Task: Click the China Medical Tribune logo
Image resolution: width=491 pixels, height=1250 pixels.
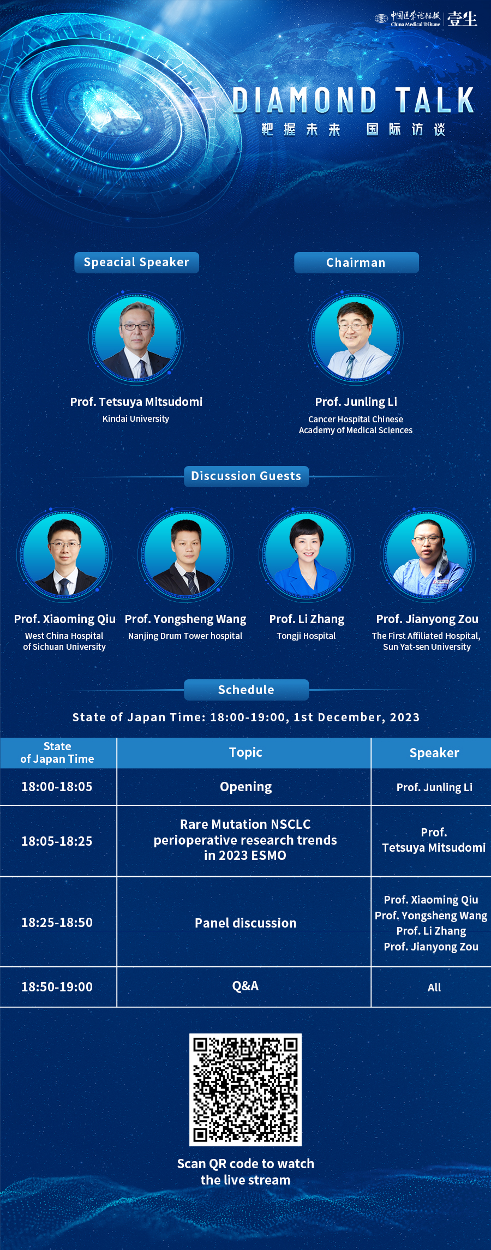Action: tap(407, 19)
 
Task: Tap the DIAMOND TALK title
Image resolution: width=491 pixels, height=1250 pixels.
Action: tap(354, 100)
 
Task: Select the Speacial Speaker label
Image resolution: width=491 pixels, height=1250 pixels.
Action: tap(136, 262)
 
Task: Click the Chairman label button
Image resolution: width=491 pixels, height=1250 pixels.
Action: tap(356, 262)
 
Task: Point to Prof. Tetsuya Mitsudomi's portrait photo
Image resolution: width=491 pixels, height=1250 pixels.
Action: tap(136, 338)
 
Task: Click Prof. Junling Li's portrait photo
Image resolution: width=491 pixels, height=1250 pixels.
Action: tap(356, 338)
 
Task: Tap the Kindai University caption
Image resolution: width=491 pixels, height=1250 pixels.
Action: tap(136, 419)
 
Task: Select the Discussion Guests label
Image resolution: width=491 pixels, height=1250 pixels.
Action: tap(246, 476)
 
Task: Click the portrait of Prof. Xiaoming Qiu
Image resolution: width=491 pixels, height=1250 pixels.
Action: tap(64, 554)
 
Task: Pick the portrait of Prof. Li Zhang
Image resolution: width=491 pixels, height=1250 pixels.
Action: tap(307, 554)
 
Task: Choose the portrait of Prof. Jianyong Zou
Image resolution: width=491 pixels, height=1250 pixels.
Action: tap(428, 554)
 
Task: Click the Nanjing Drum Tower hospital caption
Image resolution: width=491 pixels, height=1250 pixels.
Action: tap(185, 636)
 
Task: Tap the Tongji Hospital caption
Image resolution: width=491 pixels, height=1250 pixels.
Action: tap(306, 636)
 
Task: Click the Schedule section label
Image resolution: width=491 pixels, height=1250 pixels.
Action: tap(246, 690)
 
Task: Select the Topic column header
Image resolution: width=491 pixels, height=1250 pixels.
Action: tap(245, 753)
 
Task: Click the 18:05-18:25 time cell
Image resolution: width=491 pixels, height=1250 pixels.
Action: tap(57, 841)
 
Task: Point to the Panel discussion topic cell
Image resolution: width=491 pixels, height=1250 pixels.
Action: tap(245, 923)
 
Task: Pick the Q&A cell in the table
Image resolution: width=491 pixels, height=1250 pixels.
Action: tap(245, 986)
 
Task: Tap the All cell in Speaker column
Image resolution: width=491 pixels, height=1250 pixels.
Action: tap(434, 988)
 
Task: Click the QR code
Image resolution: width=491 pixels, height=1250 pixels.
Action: tap(245, 1090)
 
